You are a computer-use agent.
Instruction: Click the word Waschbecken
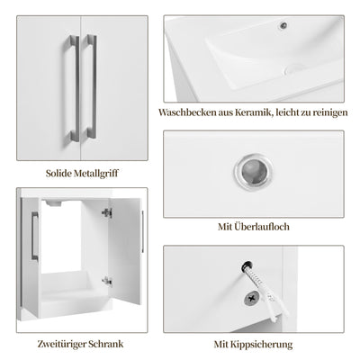click(187, 114)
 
